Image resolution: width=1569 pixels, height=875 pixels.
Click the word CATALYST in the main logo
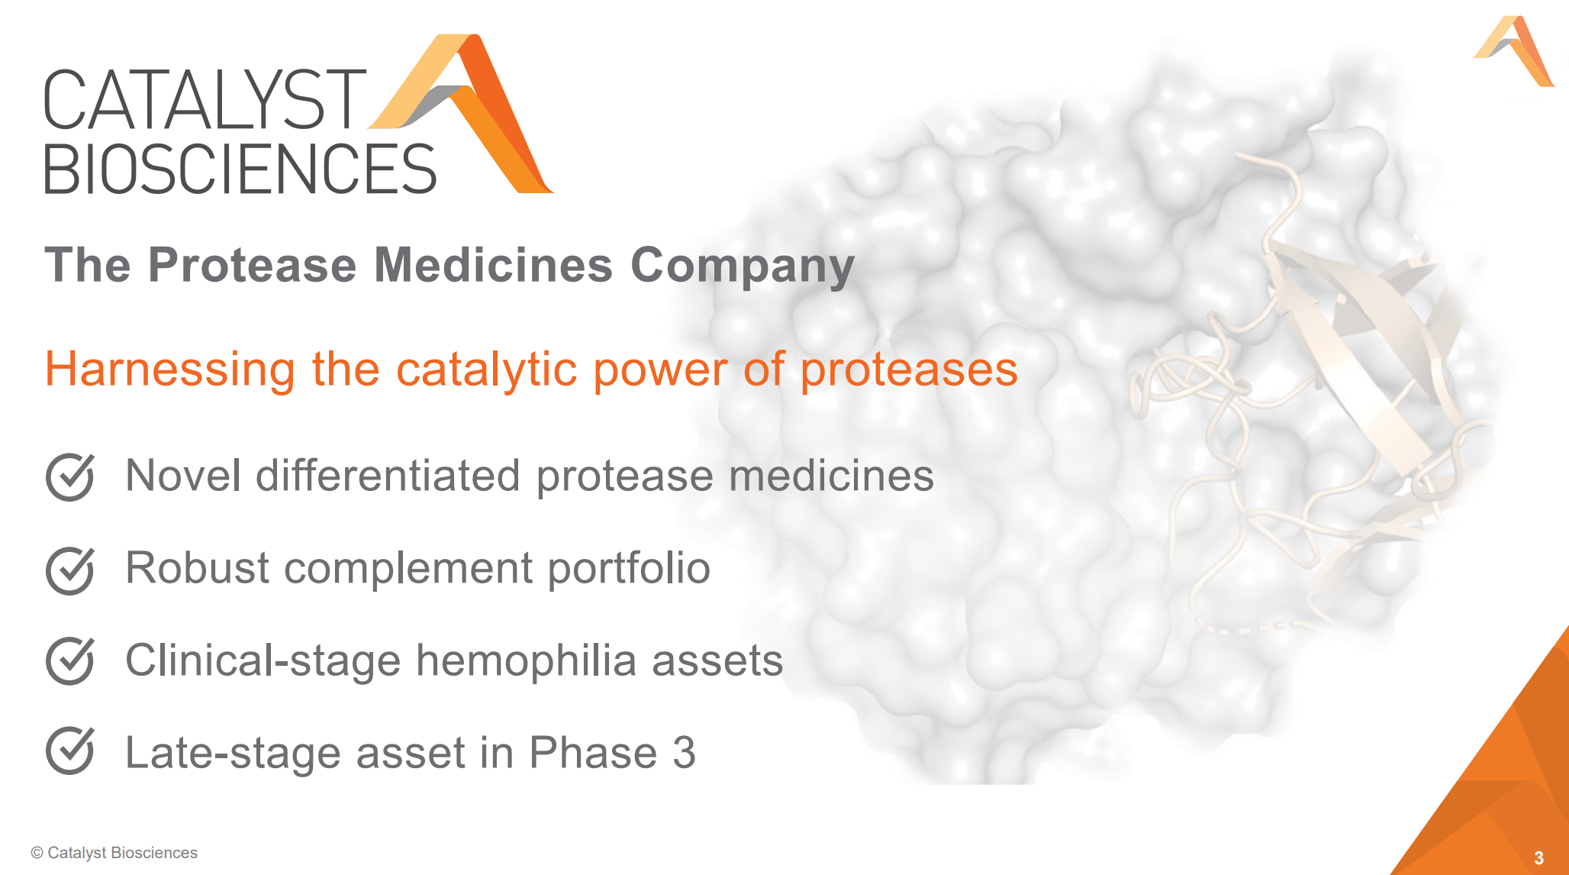[204, 100]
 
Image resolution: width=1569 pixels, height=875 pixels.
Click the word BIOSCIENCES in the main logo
[240, 170]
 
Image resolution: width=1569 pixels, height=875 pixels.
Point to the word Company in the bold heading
[742, 265]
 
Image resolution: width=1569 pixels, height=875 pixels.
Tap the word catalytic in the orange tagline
[486, 370]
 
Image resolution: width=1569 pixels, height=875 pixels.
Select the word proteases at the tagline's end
[908, 370]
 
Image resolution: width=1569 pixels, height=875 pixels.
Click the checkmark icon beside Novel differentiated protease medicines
[70, 477]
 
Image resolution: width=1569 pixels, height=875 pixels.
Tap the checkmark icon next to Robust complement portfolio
[70, 570]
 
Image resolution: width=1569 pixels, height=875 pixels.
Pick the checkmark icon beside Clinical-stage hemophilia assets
[70, 661]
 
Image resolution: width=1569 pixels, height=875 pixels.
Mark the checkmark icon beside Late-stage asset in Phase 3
[70, 751]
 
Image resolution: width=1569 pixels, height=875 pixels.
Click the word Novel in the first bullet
[183, 475]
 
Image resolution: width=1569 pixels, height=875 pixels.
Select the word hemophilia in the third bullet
[526, 660]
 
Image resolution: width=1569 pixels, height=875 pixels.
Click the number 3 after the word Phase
[684, 753]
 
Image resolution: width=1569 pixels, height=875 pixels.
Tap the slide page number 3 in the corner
[1538, 857]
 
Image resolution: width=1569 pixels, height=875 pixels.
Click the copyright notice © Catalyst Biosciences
[114, 853]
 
